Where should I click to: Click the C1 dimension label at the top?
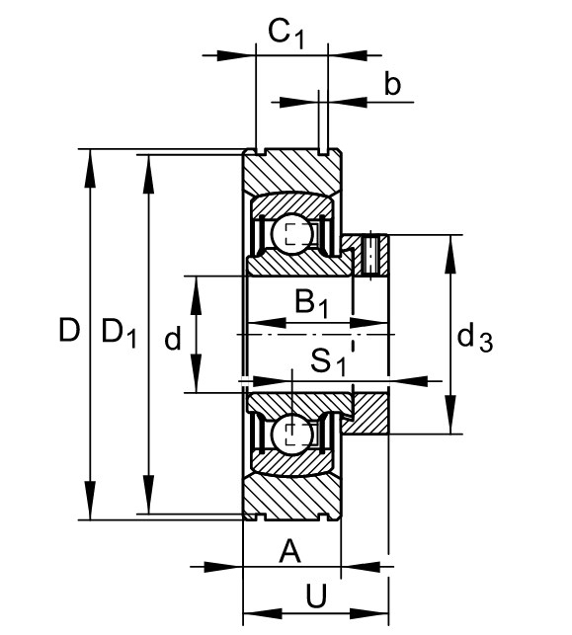(x=286, y=35)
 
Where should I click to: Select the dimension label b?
(x=392, y=84)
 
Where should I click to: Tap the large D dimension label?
(x=69, y=330)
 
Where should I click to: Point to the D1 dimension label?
(x=119, y=333)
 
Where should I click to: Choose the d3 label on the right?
(x=475, y=339)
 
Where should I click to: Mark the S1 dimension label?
(x=328, y=361)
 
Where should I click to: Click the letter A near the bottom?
(x=290, y=551)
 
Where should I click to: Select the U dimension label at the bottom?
(x=316, y=596)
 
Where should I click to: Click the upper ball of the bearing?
(x=292, y=234)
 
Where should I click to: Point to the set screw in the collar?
(x=370, y=255)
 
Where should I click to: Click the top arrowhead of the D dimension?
(x=90, y=169)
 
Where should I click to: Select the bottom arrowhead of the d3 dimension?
(x=449, y=415)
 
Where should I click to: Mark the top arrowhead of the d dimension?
(x=197, y=295)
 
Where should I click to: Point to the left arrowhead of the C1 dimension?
(x=236, y=55)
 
